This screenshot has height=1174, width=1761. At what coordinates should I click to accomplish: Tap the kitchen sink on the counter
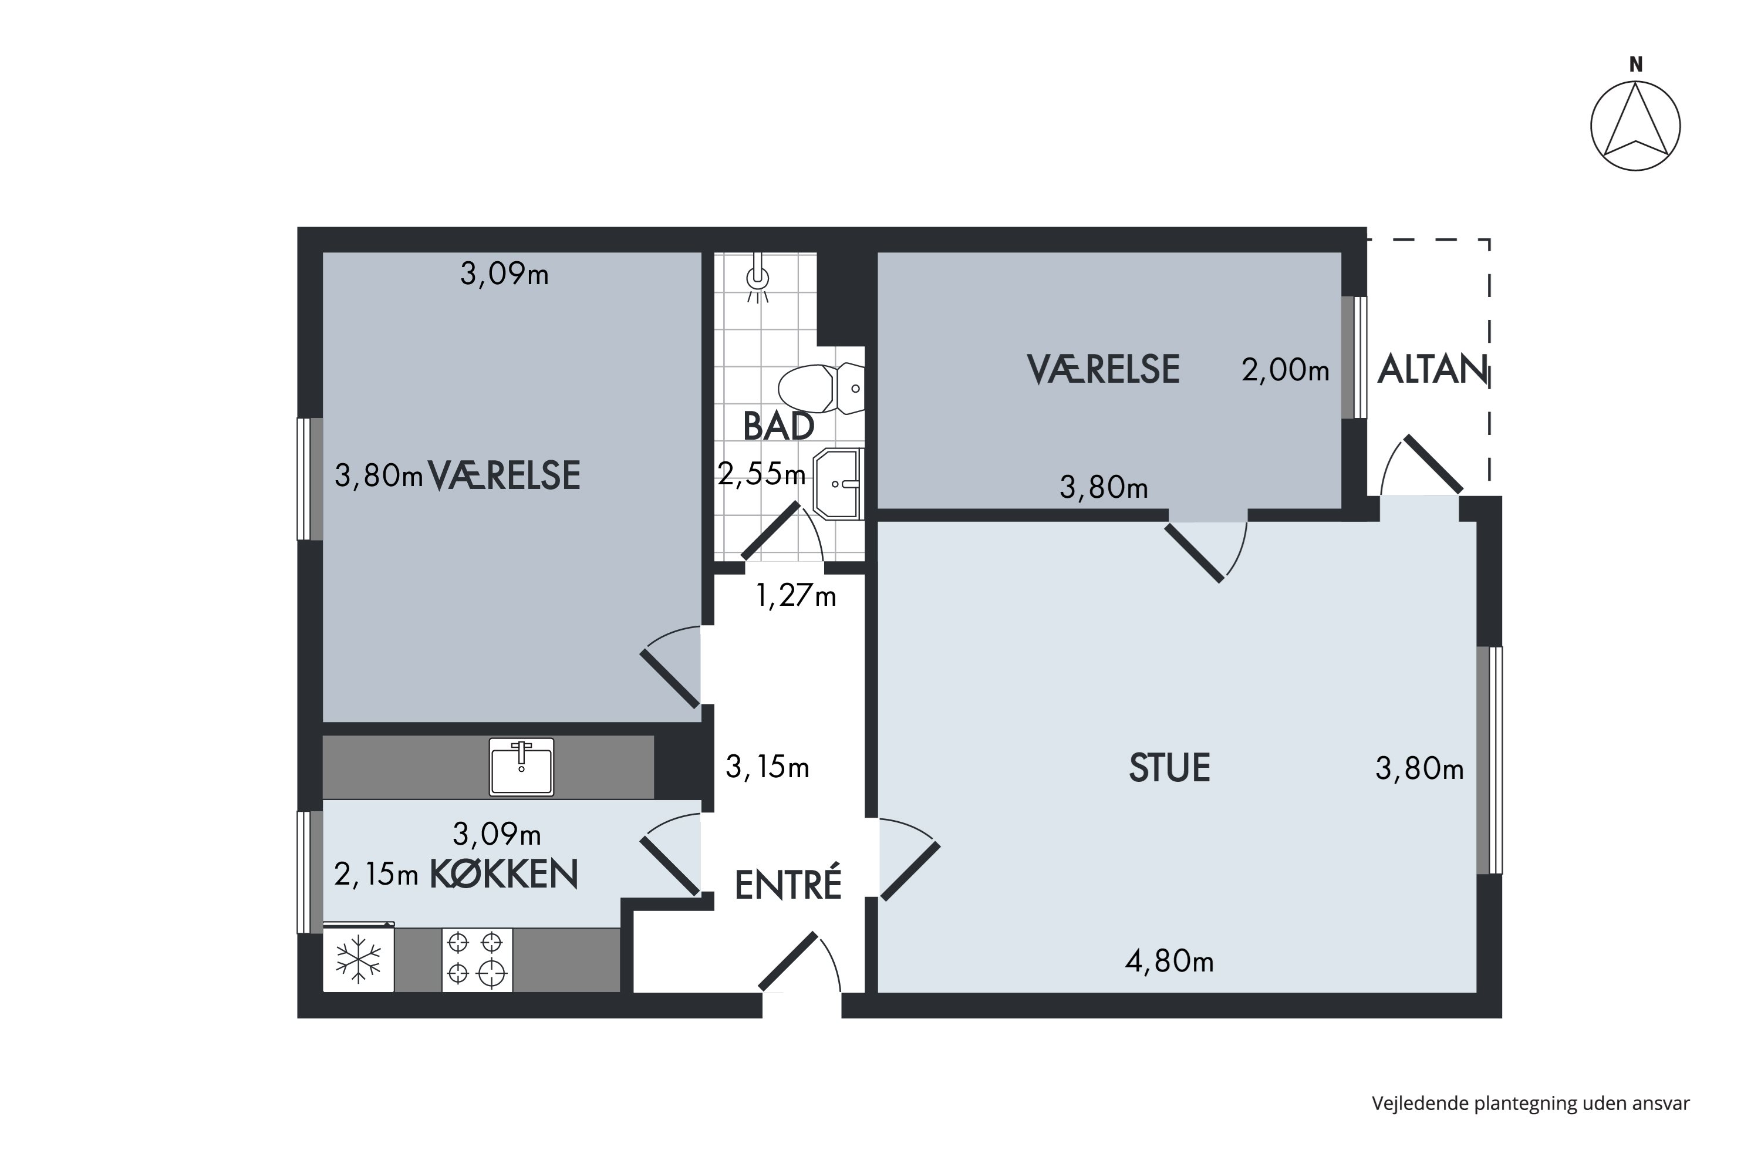coord(521,767)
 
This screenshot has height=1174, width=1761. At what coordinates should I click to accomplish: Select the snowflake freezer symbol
coord(358,959)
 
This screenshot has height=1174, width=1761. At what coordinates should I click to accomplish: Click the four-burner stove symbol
coord(476,959)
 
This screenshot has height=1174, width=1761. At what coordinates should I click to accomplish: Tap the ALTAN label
coord(1432,369)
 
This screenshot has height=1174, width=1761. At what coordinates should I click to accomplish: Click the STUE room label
coord(1169,768)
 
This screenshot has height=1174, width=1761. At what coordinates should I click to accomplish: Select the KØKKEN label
coord(503,874)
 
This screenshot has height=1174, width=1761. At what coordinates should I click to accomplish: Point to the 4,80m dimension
coord(1169,962)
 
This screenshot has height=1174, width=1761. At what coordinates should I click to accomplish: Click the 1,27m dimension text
coord(795,596)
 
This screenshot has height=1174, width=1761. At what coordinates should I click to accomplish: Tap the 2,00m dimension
coord(1285,370)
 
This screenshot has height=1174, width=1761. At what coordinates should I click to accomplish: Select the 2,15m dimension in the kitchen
coord(375,875)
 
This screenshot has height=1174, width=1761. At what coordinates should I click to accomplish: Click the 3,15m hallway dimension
coord(767,767)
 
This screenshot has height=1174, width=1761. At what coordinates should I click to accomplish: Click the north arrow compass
coord(1635,126)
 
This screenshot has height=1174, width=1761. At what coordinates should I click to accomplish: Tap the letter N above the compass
coord(1636,65)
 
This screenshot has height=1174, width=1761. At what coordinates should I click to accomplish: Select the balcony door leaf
coord(1433,464)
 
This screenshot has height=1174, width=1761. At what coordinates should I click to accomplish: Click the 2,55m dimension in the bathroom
coord(761,474)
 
